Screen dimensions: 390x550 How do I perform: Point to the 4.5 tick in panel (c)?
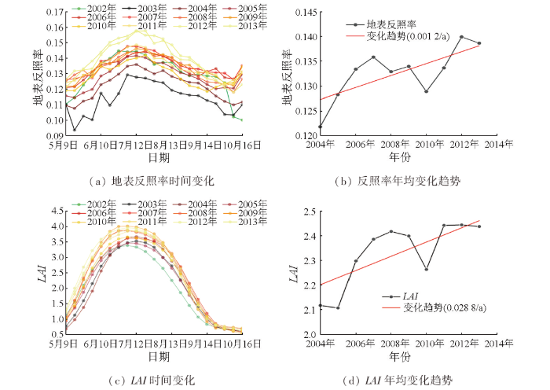click(x=57, y=212)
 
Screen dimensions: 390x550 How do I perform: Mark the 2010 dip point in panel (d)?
click(x=426, y=269)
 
